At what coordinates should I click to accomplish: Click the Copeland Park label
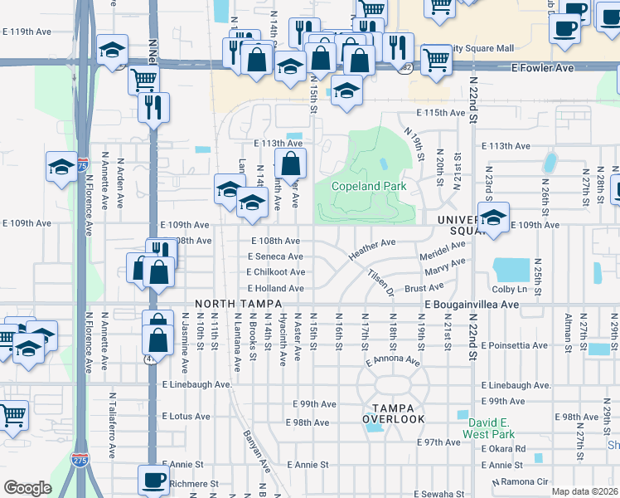point(369,187)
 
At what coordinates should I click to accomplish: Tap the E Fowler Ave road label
point(542,67)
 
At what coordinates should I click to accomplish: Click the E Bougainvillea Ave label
point(472,305)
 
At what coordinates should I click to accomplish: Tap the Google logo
point(27,487)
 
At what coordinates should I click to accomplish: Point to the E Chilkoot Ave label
point(275,272)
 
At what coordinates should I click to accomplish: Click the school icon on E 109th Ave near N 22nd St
point(494,218)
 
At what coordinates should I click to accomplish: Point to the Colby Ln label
point(510,290)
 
